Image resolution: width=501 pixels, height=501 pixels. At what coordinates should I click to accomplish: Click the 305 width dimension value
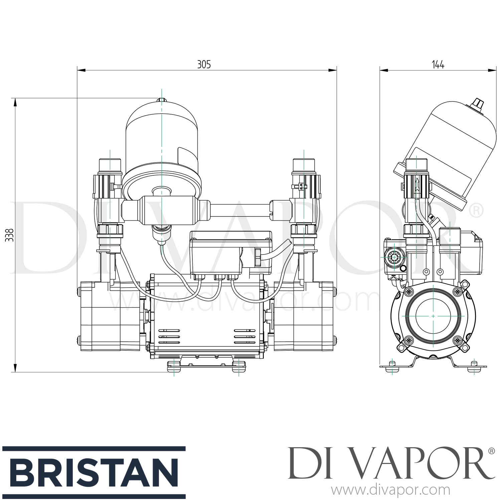point(204,64)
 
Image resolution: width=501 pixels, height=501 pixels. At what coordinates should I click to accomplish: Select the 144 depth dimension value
point(438,64)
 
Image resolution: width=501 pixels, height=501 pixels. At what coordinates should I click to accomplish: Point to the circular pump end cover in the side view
point(433,316)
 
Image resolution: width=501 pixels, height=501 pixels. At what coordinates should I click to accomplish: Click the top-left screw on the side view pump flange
point(408,292)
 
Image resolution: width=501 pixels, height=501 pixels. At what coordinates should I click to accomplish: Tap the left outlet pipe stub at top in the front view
point(110,164)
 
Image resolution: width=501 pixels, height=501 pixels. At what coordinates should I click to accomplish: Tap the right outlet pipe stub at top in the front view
point(304,164)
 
